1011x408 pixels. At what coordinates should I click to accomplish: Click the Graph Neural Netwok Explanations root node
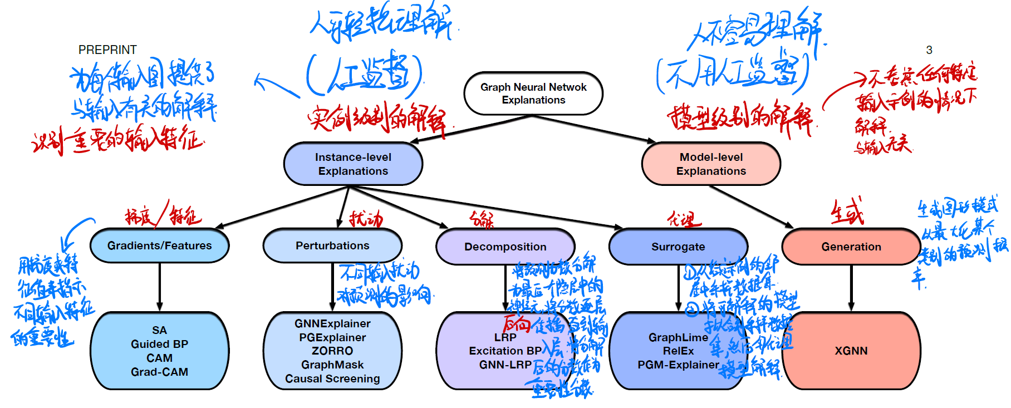tap(533, 94)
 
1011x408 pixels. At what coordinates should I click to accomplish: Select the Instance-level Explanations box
tap(353, 164)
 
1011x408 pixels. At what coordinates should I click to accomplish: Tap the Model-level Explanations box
tap(711, 164)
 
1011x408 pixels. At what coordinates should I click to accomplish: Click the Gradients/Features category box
tap(159, 245)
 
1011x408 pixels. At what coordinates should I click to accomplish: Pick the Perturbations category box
tap(332, 245)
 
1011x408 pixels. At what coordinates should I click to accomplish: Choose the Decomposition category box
tap(505, 247)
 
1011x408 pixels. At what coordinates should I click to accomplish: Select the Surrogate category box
tap(678, 247)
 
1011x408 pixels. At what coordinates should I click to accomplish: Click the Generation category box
tap(851, 247)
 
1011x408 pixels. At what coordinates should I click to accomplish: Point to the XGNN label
tap(851, 351)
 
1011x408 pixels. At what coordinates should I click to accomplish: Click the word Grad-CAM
tap(159, 372)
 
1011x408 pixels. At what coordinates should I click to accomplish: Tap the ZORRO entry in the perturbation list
tap(332, 351)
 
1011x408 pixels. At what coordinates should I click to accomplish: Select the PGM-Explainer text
tap(678, 365)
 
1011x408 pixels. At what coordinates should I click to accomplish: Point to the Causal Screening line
tap(332, 378)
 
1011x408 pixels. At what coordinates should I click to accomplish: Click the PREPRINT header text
tap(107, 50)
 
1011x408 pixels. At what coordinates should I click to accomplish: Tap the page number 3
tap(929, 50)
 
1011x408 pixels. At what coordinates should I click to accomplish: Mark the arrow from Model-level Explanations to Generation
tap(752, 207)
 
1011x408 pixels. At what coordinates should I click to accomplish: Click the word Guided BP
tap(159, 344)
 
